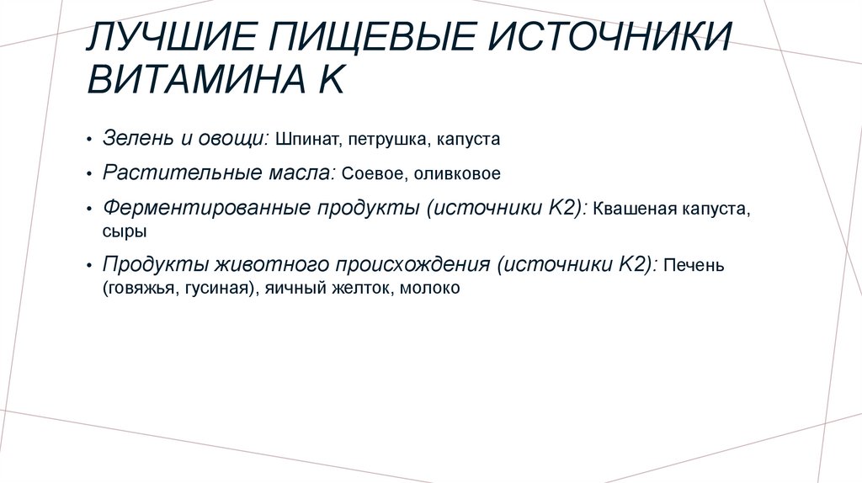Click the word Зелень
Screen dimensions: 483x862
click(x=136, y=137)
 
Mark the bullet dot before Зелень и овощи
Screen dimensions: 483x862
click(x=89, y=139)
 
